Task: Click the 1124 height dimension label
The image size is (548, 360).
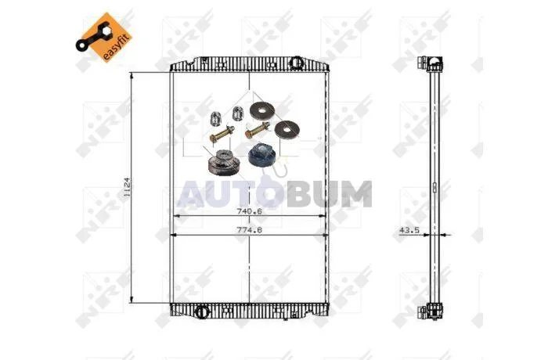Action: (127, 187)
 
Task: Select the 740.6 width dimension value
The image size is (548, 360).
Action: (249, 211)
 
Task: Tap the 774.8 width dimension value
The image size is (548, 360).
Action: (249, 230)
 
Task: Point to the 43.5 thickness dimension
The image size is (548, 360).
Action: (409, 230)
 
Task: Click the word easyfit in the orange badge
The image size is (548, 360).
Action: (117, 47)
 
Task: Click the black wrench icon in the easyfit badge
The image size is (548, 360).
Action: (93, 36)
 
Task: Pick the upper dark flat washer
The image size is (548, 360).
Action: (262, 111)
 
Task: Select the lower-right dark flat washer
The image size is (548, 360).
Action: (287, 129)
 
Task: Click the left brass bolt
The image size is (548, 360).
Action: (222, 134)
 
